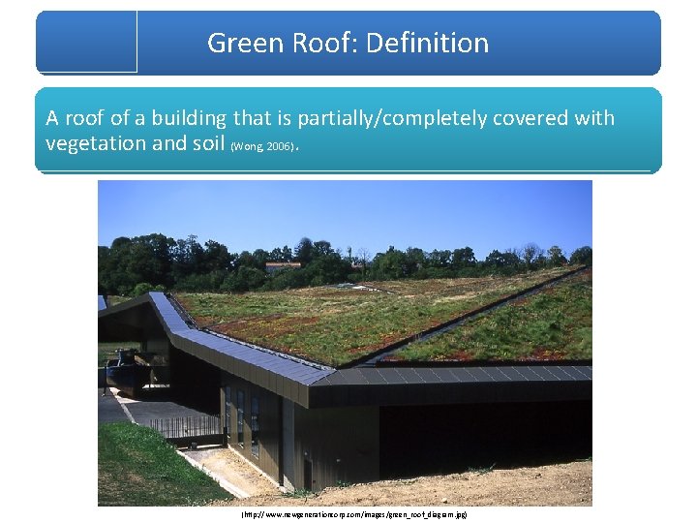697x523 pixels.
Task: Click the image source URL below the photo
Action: point(353,514)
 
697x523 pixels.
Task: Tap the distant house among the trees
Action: point(282,263)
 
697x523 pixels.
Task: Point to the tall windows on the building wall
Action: point(243,417)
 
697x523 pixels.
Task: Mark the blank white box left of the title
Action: point(86,41)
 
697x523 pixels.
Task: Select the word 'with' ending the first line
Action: point(593,118)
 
